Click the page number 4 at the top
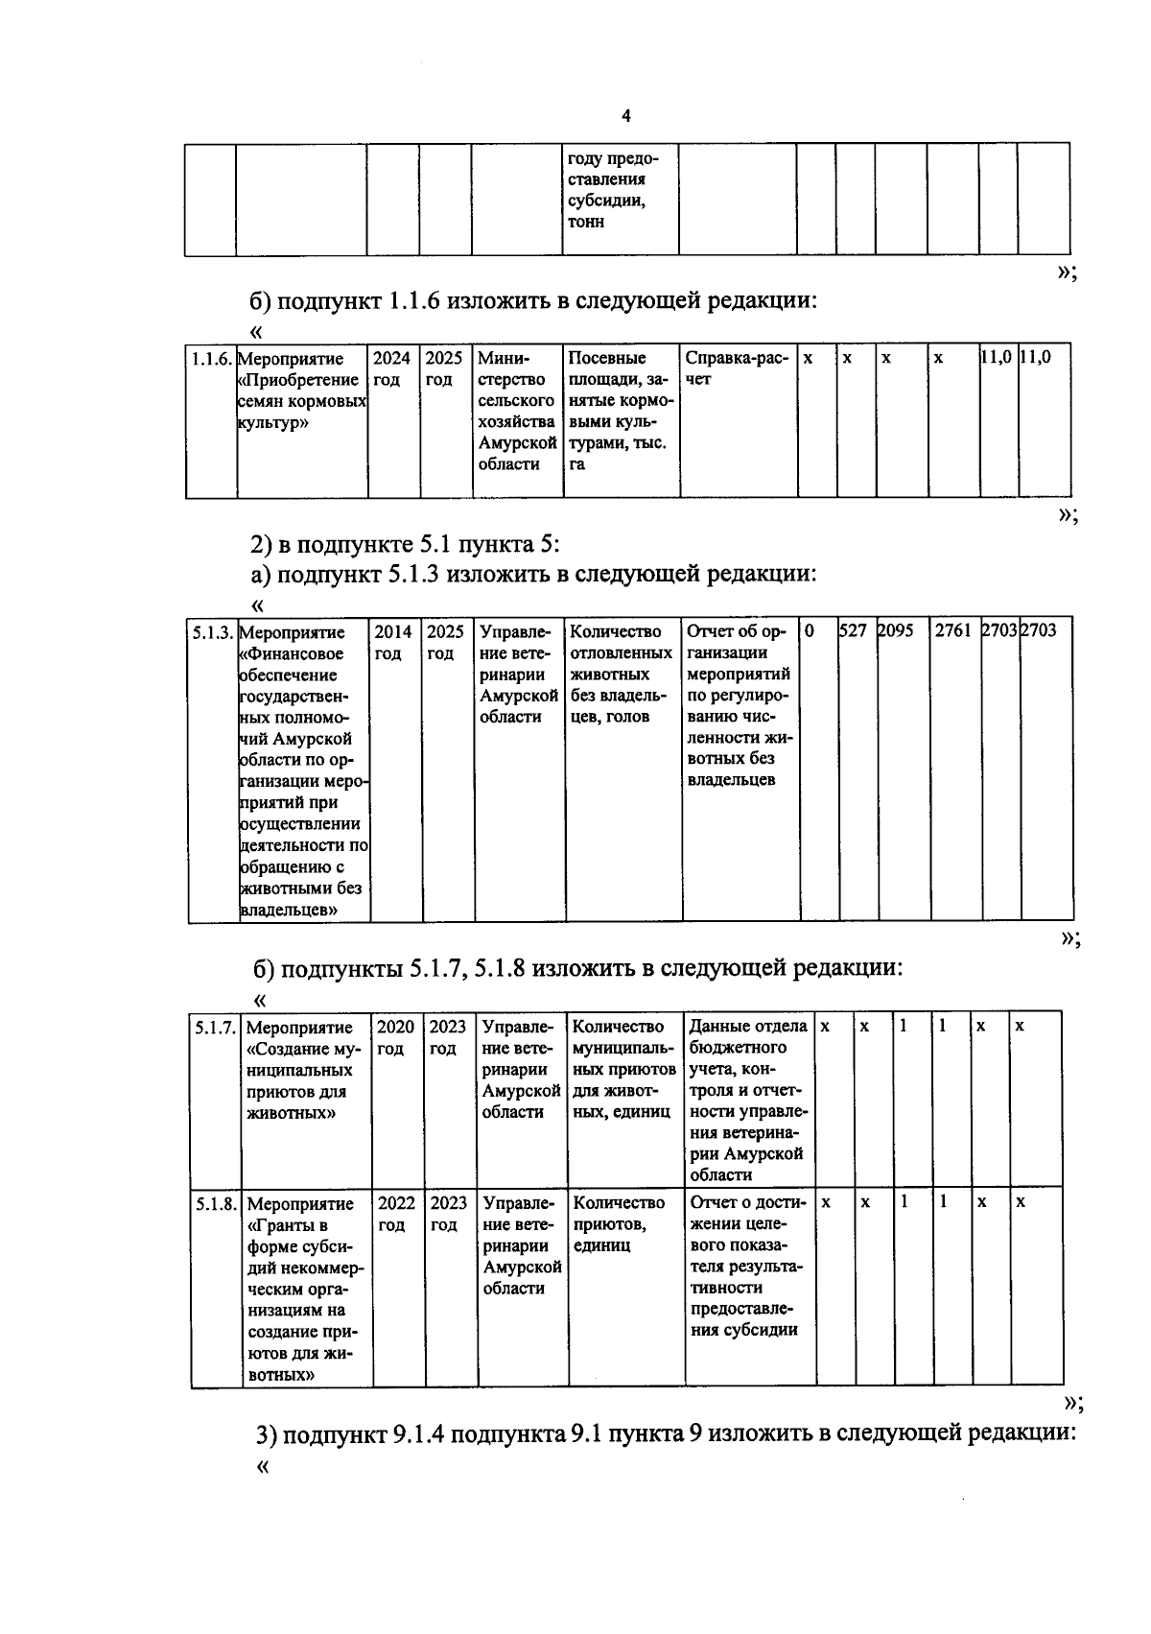tap(626, 117)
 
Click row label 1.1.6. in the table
tap(211, 359)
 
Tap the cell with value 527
tap(854, 631)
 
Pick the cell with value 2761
tap(952, 631)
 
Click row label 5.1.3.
tap(212, 632)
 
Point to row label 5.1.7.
tap(216, 1028)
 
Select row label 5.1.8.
tap(216, 1204)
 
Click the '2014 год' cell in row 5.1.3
tap(393, 642)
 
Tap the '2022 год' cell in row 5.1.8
tap(396, 1214)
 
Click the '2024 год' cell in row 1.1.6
tap(391, 368)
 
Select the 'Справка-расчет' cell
tap(737, 368)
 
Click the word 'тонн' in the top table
tap(586, 223)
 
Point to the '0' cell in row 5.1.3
tap(811, 631)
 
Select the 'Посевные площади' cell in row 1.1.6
tap(620, 411)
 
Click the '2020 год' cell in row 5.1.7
tap(395, 1037)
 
